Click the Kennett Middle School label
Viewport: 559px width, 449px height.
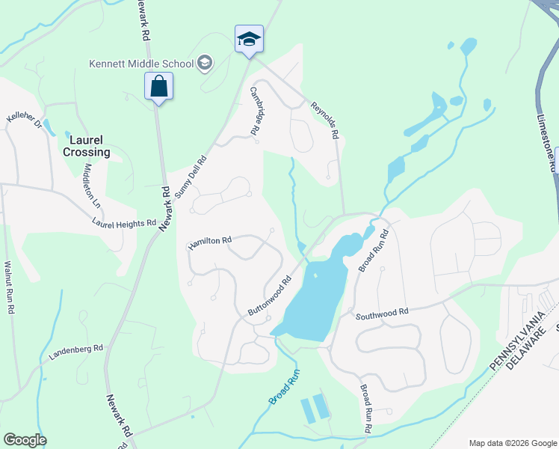[x=140, y=64]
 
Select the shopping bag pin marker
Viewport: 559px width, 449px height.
[x=159, y=86]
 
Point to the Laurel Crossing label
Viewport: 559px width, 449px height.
[x=90, y=146]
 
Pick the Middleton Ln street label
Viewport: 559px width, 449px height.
[x=93, y=185]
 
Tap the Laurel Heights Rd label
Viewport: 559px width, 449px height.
[x=124, y=223]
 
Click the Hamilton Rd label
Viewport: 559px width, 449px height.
[x=210, y=242]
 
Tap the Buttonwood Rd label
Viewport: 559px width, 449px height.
[x=269, y=298]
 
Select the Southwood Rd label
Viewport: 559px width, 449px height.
[x=382, y=312]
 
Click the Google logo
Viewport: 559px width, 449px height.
[x=25, y=440]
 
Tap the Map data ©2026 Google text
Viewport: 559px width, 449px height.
[x=512, y=442]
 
